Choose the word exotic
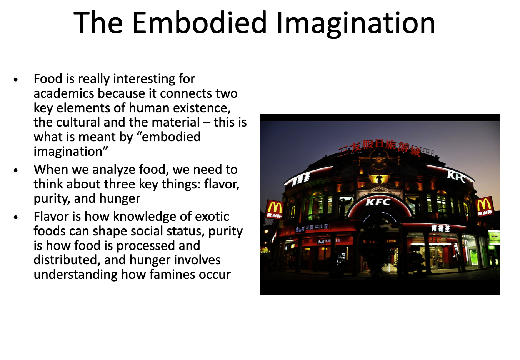(212, 217)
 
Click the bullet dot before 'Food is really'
(16, 80)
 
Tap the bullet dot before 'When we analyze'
(16, 170)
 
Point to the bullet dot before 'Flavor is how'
(16, 217)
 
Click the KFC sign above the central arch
(378, 202)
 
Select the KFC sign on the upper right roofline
(457, 177)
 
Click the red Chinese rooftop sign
(379, 147)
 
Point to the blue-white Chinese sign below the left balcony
(312, 228)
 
